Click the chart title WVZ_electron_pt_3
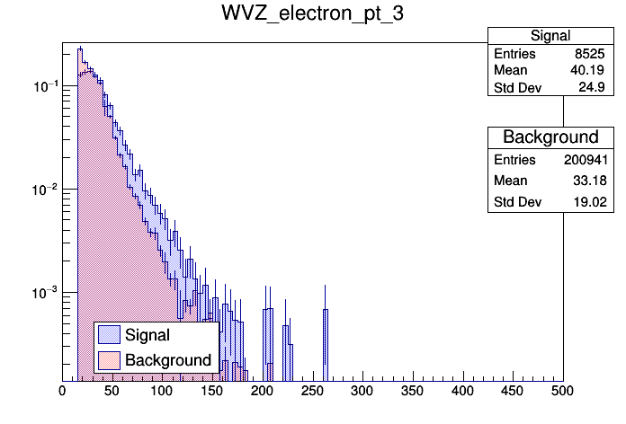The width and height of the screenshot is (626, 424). [x=313, y=14]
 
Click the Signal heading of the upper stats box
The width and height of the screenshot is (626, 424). [x=550, y=36]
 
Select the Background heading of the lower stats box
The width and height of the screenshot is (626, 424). [x=550, y=137]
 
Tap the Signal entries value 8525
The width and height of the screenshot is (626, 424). [x=586, y=54]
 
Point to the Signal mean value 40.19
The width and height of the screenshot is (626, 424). [x=586, y=71]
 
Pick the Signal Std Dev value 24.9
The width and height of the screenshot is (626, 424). [x=589, y=88]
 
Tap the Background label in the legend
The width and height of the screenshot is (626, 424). [x=167, y=360]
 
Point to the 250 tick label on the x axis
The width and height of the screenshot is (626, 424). [x=312, y=391]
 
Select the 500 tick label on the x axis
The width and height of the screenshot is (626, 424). [x=563, y=391]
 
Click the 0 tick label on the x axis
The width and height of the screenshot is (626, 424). [x=62, y=391]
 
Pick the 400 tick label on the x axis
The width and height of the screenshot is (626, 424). [x=462, y=391]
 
